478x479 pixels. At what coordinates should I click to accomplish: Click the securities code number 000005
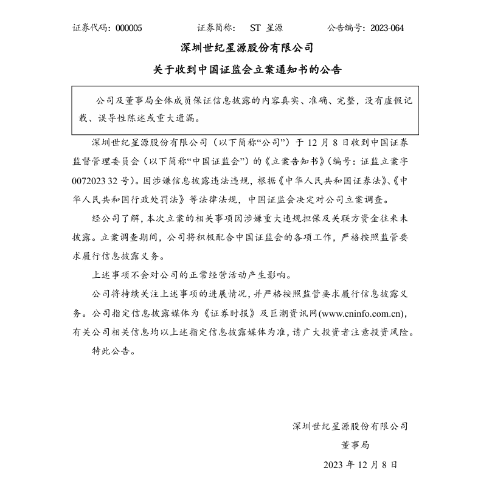coord(128,27)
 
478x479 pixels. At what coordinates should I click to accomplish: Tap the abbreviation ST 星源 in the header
coord(266,27)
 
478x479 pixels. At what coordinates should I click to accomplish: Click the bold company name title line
coord(247,47)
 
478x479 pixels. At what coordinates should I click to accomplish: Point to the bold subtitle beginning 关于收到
coord(247,70)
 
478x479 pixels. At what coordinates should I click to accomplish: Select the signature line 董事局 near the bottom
coord(355,444)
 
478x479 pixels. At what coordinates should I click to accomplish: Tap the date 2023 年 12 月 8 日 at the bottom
coord(361,464)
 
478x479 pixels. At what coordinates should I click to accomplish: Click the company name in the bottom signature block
coord(350,426)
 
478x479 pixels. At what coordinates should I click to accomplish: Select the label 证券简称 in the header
coord(216,27)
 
